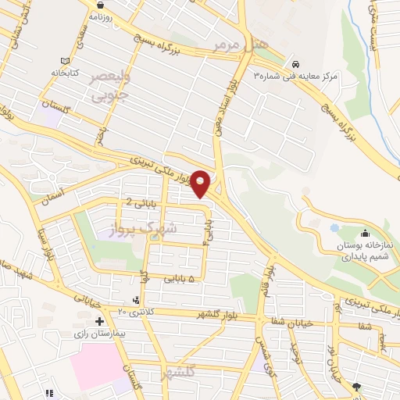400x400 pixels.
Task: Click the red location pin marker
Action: coord(201,182)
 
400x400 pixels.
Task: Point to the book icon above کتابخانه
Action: coord(65,61)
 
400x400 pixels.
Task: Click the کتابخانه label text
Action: coord(65,72)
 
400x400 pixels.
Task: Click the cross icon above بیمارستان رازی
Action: coord(99,321)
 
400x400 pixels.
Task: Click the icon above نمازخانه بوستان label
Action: coord(365,233)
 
